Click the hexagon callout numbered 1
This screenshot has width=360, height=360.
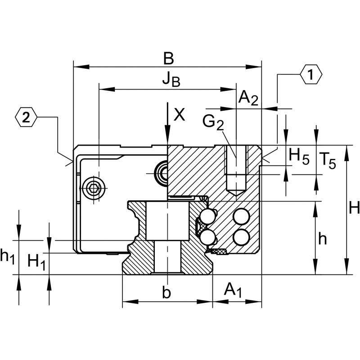click(311, 75)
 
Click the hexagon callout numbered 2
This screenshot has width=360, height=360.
click(26, 117)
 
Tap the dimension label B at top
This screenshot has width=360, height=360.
click(168, 58)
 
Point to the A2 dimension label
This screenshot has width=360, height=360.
click(248, 98)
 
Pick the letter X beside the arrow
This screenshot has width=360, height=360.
click(179, 115)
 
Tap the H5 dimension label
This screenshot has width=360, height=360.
click(299, 156)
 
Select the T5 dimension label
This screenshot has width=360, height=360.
click(328, 161)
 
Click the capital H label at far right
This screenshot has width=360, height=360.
click(354, 207)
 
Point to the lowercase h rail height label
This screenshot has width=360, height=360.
click(323, 239)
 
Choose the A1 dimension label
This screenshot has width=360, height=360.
click(233, 290)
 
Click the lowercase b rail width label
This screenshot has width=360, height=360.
click(166, 292)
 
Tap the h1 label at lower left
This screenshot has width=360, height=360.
click(7, 256)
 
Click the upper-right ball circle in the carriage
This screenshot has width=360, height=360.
click(241, 216)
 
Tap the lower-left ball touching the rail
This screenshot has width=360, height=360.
click(208, 238)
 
